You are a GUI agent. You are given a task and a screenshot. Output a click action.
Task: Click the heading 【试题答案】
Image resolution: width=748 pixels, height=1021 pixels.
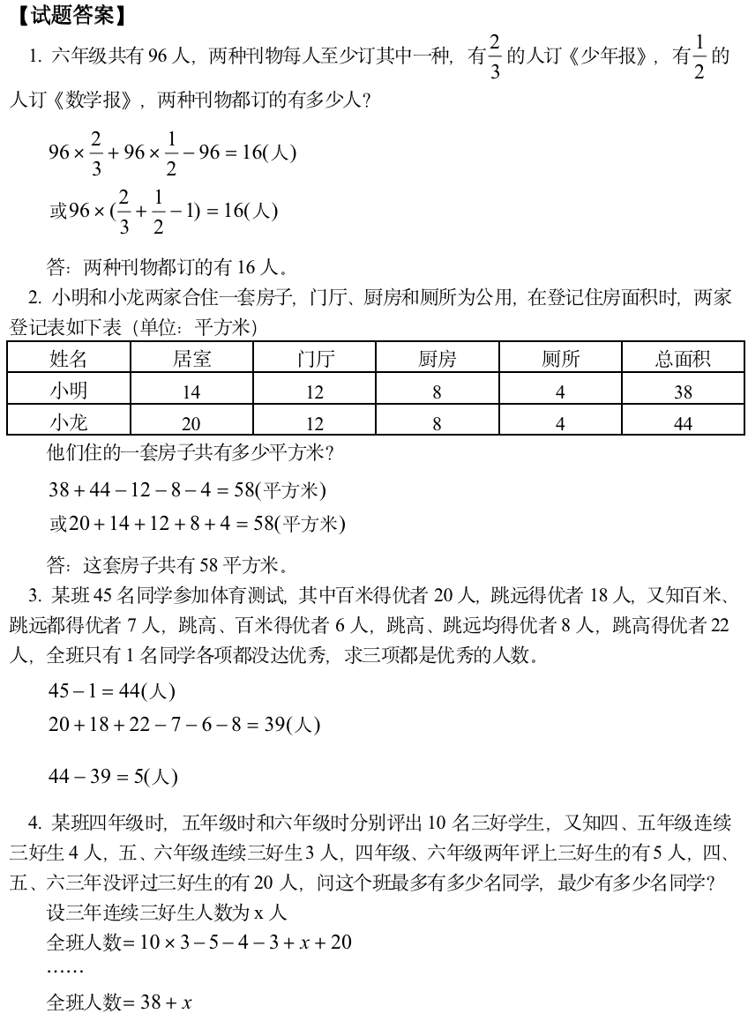pos(72,15)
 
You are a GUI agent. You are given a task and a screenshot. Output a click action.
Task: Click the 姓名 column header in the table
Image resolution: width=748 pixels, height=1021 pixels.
pos(69,358)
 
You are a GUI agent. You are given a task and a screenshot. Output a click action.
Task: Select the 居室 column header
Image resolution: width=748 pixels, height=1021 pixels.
pos(191,358)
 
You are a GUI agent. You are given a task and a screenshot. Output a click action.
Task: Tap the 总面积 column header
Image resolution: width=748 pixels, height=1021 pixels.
pos(683,358)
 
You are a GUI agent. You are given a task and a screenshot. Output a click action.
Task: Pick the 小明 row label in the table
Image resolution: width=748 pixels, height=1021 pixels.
pos(69,390)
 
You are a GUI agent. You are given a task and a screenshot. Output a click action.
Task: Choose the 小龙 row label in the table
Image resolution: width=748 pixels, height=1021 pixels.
pos(69,421)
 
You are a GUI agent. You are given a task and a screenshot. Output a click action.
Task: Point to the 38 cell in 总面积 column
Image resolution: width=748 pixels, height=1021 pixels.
pos(683,392)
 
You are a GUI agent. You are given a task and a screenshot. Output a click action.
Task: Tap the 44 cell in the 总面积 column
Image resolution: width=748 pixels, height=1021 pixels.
pos(683,424)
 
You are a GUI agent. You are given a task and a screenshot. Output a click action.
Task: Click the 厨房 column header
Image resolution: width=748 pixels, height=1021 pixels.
pos(437,358)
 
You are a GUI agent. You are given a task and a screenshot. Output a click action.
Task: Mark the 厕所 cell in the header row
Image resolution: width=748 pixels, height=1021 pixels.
pos(560,358)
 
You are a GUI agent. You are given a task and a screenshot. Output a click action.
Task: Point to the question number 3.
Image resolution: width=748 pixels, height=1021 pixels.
pos(35,596)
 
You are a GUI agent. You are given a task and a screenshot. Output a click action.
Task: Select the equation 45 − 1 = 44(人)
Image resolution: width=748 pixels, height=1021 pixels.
pos(112,691)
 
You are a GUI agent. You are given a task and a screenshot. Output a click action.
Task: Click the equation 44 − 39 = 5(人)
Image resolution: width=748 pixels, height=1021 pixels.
pos(113,776)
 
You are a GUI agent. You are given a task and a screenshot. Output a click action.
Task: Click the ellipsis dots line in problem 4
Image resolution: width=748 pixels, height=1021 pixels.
pos(65,971)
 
